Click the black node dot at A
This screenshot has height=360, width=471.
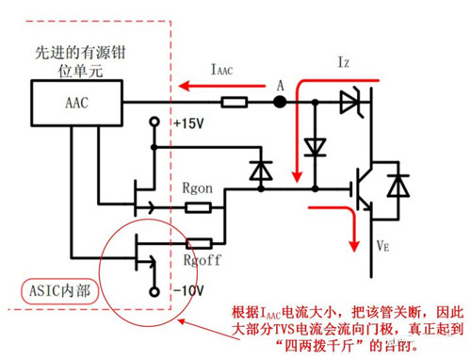(x=280, y=101)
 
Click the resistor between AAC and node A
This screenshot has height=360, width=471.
(x=233, y=101)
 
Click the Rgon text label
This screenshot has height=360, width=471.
(x=198, y=188)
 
